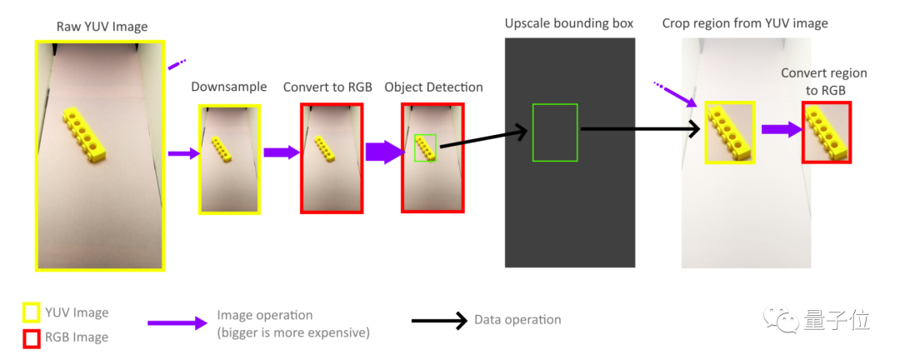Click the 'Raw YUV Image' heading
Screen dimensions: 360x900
point(102,27)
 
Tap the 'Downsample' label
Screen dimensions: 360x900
point(229,87)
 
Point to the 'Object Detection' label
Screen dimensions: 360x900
point(433,87)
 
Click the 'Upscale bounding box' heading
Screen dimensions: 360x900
point(569,22)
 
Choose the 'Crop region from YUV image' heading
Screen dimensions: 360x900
point(745,22)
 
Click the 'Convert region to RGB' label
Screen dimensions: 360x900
point(823,82)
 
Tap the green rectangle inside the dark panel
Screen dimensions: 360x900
point(555,132)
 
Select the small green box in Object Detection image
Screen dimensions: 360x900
point(425,147)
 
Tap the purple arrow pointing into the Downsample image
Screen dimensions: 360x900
point(183,153)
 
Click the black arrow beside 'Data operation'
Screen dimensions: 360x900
point(439,322)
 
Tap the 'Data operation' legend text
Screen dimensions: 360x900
point(517,320)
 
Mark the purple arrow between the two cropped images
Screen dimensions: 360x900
point(780,130)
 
